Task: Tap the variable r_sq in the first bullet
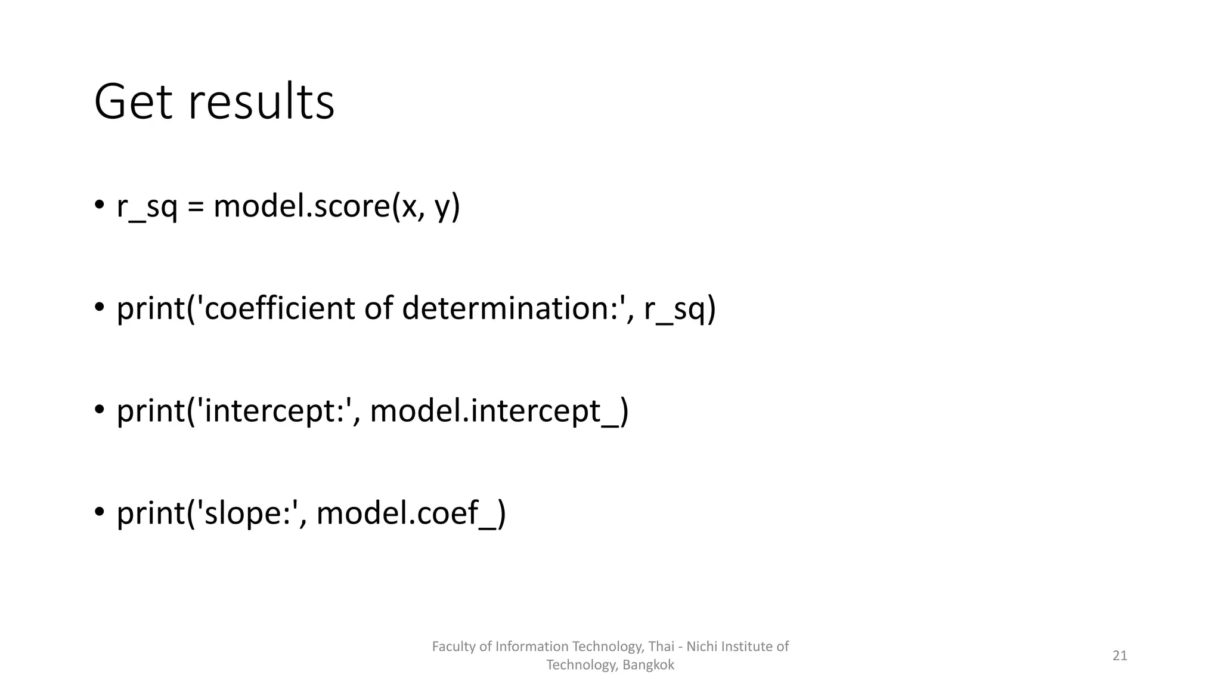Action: (x=147, y=207)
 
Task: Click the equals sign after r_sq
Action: (x=196, y=208)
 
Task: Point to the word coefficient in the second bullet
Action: (x=280, y=309)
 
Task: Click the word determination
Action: (x=510, y=309)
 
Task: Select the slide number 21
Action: (x=1120, y=655)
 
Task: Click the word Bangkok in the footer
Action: (x=648, y=665)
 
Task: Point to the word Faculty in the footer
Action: (x=450, y=646)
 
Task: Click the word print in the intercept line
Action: (x=151, y=411)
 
